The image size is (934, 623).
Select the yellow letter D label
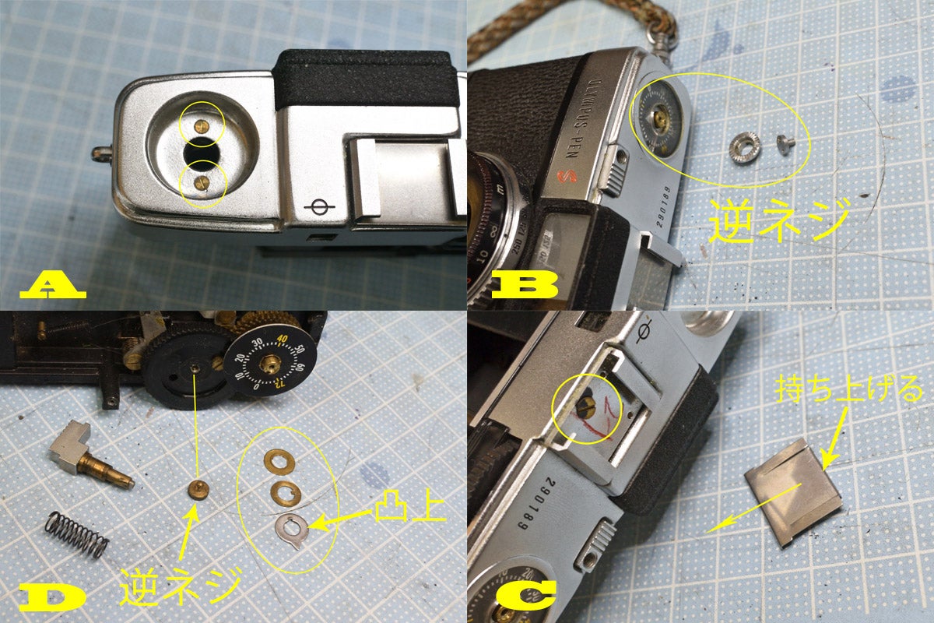(51, 597)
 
